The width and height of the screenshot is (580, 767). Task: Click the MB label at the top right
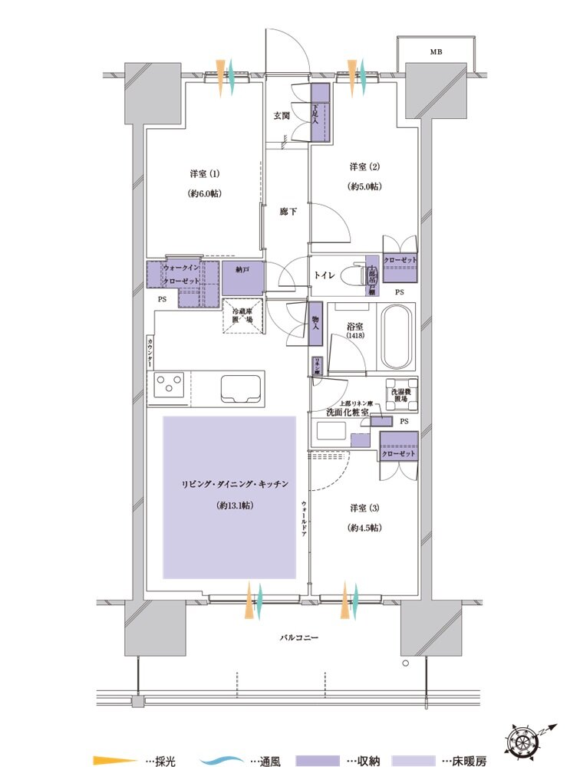tap(436, 52)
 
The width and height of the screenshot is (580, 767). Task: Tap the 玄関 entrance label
tap(282, 116)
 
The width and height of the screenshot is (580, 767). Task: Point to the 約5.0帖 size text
tap(365, 187)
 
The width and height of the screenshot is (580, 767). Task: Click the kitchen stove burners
tap(168, 383)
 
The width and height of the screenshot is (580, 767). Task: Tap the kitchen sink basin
tap(241, 388)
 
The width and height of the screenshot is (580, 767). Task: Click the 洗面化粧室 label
tap(347, 413)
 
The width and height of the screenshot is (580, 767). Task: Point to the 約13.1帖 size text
tap(236, 506)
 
